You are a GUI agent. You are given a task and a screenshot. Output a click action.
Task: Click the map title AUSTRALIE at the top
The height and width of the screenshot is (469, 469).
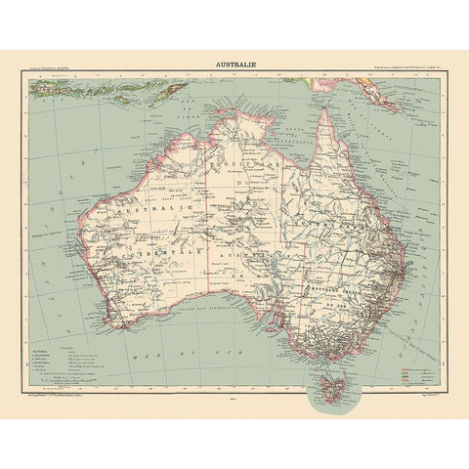click(234, 67)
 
